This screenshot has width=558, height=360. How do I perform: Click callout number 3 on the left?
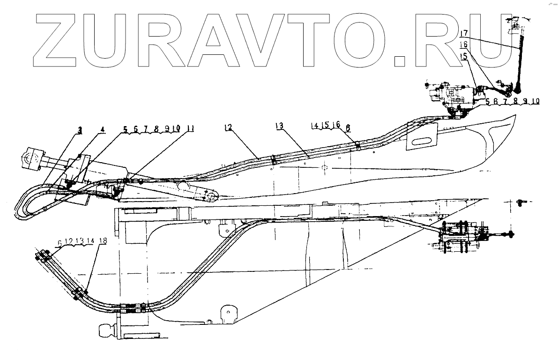80,131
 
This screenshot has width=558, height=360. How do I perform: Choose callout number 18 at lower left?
103,240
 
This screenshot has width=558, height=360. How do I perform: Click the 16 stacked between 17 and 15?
463,44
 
